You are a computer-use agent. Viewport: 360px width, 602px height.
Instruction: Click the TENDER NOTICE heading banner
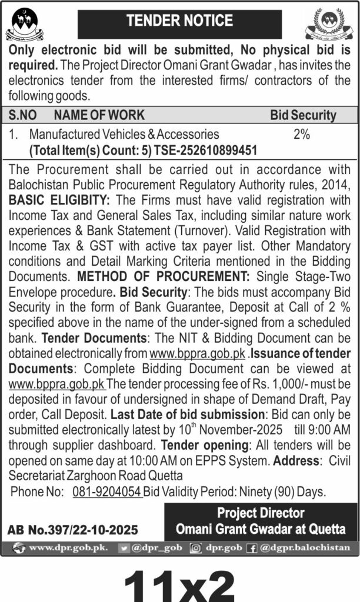(x=181, y=21)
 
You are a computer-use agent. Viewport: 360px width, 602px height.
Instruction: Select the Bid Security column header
(x=303, y=115)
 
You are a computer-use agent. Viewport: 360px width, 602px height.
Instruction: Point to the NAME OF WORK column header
(x=99, y=115)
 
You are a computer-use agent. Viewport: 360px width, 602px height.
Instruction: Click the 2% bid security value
(x=301, y=135)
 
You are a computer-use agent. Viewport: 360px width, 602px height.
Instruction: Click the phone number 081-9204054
(x=107, y=492)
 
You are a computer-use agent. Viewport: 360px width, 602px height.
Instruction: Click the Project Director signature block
(x=261, y=521)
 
